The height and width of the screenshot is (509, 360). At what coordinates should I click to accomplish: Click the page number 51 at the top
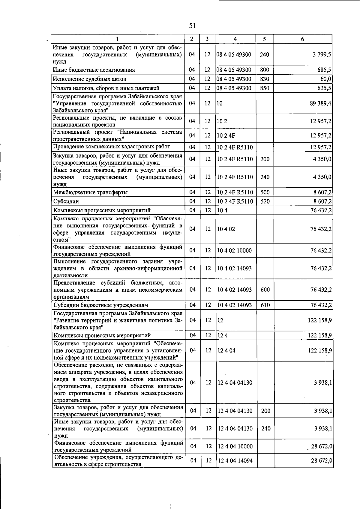(x=192, y=26)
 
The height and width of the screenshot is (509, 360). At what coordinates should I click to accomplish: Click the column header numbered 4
(x=235, y=39)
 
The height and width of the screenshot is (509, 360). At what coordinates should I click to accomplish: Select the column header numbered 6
(x=302, y=39)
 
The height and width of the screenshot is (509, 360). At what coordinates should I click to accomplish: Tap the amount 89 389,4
(x=320, y=103)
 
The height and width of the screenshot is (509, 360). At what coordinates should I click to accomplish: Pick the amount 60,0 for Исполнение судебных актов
(x=326, y=79)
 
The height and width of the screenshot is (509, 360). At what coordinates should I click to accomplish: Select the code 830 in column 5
(x=265, y=79)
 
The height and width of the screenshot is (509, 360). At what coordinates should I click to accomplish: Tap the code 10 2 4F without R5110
(x=226, y=135)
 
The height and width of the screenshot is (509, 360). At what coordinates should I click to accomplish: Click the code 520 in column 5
(x=265, y=201)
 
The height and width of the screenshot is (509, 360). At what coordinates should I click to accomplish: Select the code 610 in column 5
(x=265, y=305)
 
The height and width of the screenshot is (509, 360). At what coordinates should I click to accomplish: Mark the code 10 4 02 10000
(x=234, y=251)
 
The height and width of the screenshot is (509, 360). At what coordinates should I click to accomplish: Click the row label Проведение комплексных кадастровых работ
(x=112, y=147)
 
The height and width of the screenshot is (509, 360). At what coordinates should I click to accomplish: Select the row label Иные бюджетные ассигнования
(x=94, y=70)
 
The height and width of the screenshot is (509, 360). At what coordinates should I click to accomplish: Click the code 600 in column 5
(x=265, y=290)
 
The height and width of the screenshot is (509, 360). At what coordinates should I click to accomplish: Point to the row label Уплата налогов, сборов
(x=106, y=88)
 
